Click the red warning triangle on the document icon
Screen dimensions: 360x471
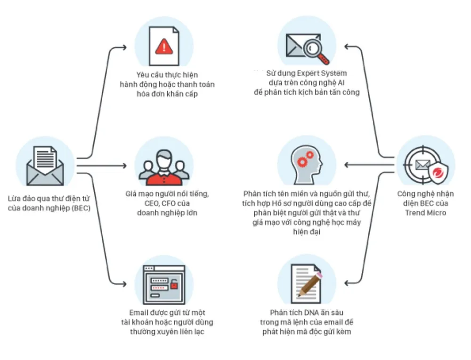[x=164, y=46]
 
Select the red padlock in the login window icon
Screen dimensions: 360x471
[x=174, y=284]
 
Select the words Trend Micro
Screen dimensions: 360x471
[x=425, y=213]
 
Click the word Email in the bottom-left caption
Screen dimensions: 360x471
[x=139, y=313]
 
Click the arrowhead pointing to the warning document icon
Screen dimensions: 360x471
[x=124, y=48]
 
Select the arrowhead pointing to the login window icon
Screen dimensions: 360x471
[x=124, y=284]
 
